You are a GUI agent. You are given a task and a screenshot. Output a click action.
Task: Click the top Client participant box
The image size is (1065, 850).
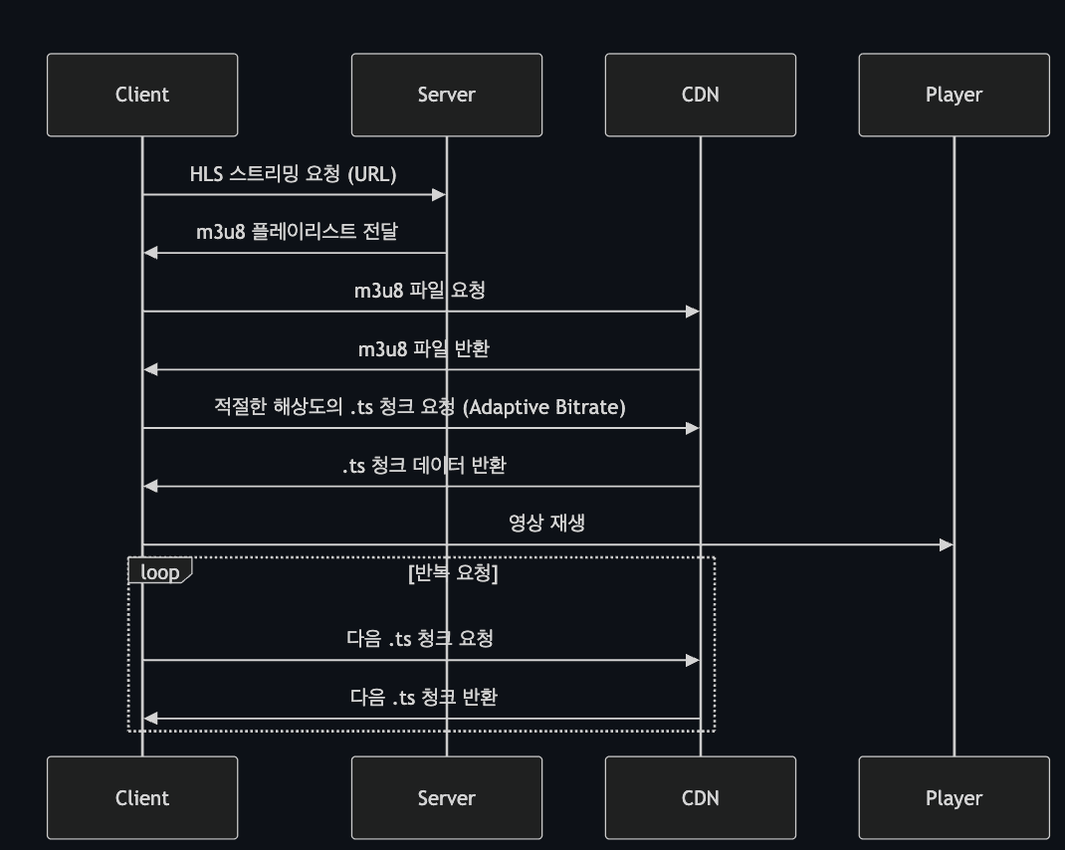(x=142, y=95)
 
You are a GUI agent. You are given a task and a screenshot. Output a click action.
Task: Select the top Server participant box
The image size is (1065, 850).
(x=446, y=95)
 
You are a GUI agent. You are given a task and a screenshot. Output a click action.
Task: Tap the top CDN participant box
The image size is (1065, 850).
(x=700, y=95)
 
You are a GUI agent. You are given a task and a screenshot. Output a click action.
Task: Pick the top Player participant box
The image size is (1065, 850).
(x=954, y=95)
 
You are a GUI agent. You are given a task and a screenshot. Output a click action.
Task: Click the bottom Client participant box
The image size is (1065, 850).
(x=142, y=797)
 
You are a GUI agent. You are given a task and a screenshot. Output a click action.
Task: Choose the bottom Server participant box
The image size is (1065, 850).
(x=446, y=797)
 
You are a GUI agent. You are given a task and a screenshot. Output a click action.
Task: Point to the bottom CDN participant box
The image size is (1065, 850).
(x=700, y=797)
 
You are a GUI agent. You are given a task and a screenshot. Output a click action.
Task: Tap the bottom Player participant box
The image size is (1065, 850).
(x=954, y=797)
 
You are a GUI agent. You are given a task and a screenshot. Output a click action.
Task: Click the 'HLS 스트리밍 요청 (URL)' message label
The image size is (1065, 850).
(x=294, y=174)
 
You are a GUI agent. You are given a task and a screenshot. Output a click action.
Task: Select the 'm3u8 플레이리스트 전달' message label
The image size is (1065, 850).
(x=297, y=232)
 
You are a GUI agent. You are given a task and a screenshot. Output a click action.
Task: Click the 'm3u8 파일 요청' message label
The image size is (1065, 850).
(x=420, y=291)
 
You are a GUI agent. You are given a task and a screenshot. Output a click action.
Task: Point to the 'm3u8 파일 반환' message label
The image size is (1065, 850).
(x=423, y=349)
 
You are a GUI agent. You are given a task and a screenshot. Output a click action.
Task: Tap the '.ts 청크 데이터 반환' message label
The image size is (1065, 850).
(x=424, y=465)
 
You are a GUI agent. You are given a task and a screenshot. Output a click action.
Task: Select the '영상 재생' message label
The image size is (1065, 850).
(x=546, y=523)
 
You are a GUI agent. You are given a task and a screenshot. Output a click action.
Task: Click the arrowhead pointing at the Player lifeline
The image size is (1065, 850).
(x=947, y=544)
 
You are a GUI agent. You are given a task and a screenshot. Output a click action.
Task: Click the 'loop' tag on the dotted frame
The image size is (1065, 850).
(x=159, y=572)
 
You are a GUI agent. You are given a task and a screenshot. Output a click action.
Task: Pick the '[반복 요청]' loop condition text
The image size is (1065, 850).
(x=453, y=573)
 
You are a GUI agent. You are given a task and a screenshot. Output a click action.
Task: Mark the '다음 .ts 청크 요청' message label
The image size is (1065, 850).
(x=420, y=639)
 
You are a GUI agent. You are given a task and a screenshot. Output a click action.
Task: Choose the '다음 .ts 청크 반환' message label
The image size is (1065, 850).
(x=424, y=697)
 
